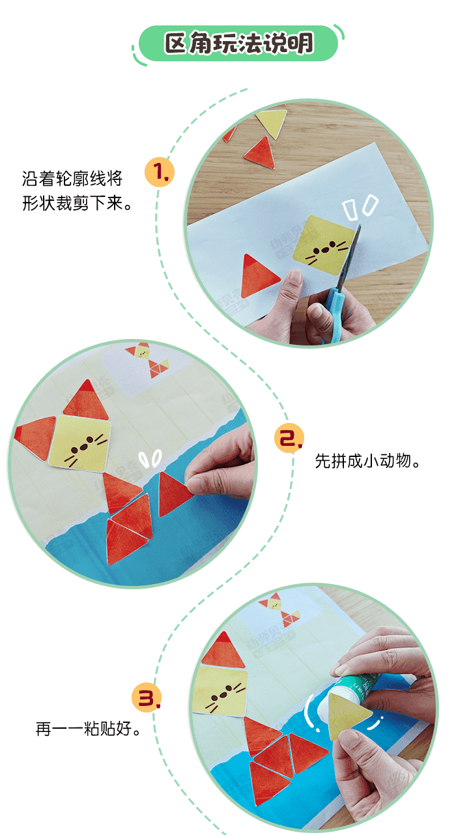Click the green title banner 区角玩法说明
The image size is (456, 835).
238,43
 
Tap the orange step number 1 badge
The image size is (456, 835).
160,172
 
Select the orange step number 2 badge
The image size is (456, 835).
289,438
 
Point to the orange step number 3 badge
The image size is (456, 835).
147,697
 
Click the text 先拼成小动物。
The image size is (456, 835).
367,461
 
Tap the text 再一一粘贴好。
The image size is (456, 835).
89,729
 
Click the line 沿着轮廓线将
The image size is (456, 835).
72,179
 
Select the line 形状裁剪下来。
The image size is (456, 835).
77,203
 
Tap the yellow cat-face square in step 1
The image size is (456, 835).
323,245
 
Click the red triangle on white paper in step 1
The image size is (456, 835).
258,276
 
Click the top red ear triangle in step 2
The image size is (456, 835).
86,399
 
